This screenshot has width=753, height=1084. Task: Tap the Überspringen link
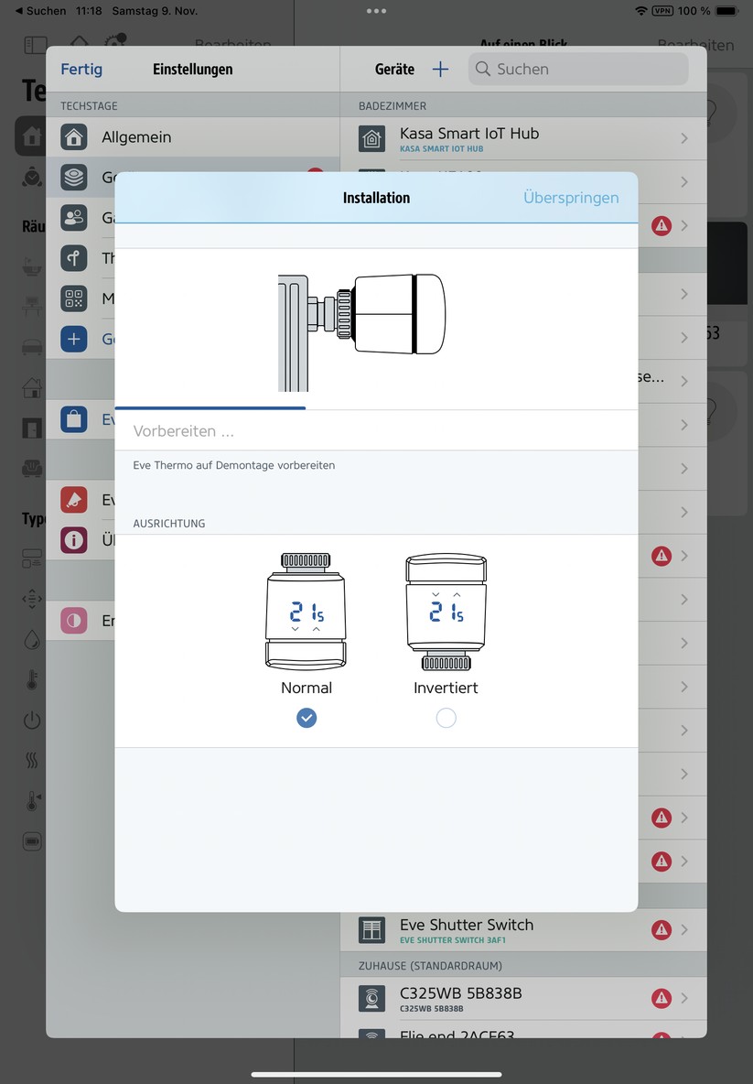click(x=570, y=198)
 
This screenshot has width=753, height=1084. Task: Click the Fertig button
click(x=81, y=70)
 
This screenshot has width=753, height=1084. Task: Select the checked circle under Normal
click(x=307, y=719)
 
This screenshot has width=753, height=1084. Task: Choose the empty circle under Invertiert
click(x=446, y=719)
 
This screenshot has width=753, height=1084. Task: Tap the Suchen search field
click(x=578, y=70)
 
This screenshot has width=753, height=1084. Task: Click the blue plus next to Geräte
click(x=440, y=70)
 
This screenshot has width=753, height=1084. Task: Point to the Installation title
click(x=376, y=198)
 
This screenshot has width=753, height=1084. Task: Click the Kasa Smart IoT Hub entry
click(x=469, y=134)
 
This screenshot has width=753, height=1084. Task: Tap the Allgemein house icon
click(x=74, y=137)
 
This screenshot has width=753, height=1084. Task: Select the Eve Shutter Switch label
click(x=466, y=925)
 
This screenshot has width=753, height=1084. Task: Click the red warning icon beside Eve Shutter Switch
click(x=661, y=930)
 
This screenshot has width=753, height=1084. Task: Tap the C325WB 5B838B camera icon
click(x=371, y=998)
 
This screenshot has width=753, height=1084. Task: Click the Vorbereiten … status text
click(x=184, y=430)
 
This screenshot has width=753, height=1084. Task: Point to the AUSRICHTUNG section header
click(x=169, y=524)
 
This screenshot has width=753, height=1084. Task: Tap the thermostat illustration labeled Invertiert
click(x=446, y=612)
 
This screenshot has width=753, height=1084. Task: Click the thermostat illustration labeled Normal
click(x=307, y=612)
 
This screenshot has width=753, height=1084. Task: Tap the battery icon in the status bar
click(x=726, y=11)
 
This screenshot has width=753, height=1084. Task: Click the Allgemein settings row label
click(x=136, y=137)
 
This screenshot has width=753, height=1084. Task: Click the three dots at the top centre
click(x=376, y=11)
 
